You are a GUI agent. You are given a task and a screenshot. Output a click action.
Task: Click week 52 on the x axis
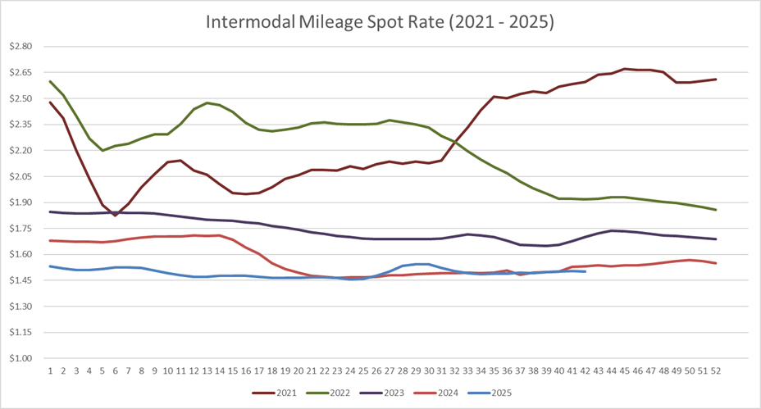coord(716,370)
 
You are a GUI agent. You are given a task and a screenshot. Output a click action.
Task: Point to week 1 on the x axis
coord(50,370)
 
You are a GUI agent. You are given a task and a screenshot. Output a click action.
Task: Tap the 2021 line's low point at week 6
coord(116,216)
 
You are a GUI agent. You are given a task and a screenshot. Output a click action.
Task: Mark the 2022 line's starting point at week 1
coord(50,81)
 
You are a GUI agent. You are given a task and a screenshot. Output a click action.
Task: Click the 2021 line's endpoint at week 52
coord(716,80)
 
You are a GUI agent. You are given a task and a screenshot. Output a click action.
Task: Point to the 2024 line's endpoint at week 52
coord(716,263)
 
